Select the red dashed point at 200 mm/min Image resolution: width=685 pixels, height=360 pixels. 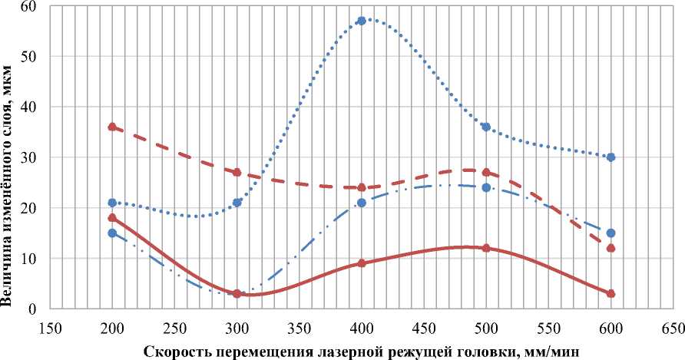pos(112,127)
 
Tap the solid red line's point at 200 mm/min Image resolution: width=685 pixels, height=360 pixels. pos(112,218)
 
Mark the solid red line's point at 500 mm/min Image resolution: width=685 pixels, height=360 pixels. pos(486,248)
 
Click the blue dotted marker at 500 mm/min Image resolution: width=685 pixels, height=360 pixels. pos(486,127)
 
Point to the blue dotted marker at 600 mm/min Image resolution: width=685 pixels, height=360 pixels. pos(611,157)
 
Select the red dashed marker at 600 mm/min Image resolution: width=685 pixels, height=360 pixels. pos(611,248)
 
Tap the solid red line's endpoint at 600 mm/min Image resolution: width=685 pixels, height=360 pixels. pos(611,294)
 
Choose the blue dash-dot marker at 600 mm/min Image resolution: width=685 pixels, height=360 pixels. pos(611,233)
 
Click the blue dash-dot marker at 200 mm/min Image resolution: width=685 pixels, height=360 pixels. pos(112,233)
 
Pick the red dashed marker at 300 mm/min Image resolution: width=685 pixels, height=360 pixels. pos(237,173)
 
